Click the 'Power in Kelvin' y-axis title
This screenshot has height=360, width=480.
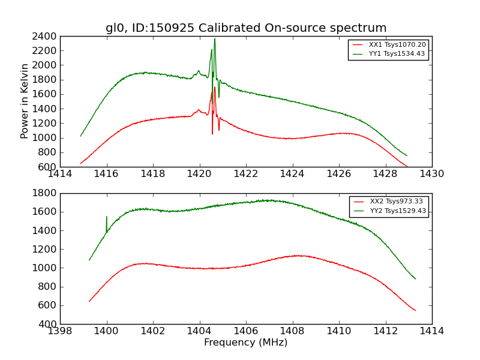click(x=25, y=101)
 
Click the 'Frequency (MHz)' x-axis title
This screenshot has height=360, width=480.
click(x=246, y=343)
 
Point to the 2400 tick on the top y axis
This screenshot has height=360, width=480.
click(x=46, y=36)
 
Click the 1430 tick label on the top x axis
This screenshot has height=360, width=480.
click(x=431, y=174)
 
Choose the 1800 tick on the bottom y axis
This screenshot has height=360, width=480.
click(x=46, y=193)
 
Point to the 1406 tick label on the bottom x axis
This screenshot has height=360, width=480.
click(x=246, y=331)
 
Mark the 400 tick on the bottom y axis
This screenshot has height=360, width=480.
click(x=49, y=324)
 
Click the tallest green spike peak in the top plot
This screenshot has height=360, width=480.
click(x=215, y=39)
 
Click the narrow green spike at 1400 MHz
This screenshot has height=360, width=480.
click(x=107, y=217)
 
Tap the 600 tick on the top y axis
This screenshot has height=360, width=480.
click(x=49, y=167)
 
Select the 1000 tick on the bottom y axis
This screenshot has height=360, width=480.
click(x=46, y=268)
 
